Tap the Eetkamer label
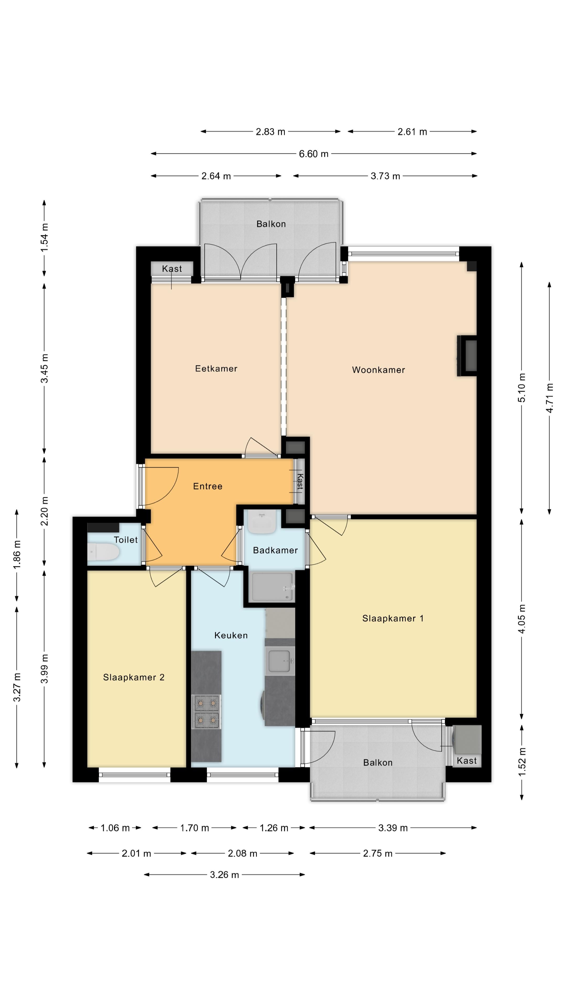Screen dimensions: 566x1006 216,368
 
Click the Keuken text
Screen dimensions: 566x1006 231,635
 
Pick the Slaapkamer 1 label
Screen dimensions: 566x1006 393,618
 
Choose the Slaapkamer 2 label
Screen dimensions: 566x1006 134,677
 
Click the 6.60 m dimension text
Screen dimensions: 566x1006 313,154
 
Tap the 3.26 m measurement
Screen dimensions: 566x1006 224,874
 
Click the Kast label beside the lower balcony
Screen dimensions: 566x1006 466,760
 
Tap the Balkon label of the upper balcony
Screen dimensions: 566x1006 271,224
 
